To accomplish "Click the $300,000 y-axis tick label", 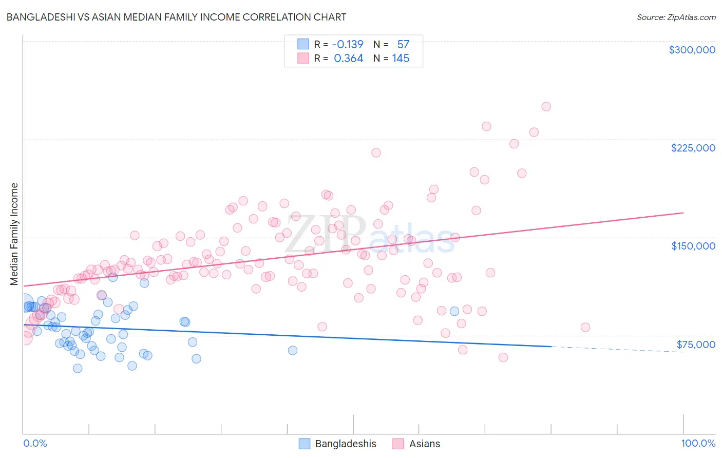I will (x=692, y=50).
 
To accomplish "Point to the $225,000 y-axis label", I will (x=693, y=148).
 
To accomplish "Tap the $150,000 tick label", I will (x=693, y=246).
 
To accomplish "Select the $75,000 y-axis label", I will (x=695, y=345).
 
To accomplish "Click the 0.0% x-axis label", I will (x=35, y=444).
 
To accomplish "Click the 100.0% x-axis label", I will (x=698, y=444).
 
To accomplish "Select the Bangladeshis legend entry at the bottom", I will (x=338, y=444).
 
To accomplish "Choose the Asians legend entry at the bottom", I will (x=416, y=444).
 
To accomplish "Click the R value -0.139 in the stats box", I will (x=348, y=45).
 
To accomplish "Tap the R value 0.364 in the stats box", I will (x=348, y=59).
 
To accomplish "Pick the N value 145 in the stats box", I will (x=401, y=59).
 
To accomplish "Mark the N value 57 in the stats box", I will (x=403, y=45).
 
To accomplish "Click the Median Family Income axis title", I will (x=14, y=234).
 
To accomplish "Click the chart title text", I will (x=176, y=17).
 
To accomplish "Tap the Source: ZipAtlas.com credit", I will (x=676, y=17).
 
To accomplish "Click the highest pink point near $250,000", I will (x=546, y=107).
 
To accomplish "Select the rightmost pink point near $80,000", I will (x=585, y=328).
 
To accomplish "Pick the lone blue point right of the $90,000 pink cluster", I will (x=454, y=311).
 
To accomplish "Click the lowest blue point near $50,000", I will (x=78, y=368).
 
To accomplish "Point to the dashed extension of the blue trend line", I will (x=616, y=349).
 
